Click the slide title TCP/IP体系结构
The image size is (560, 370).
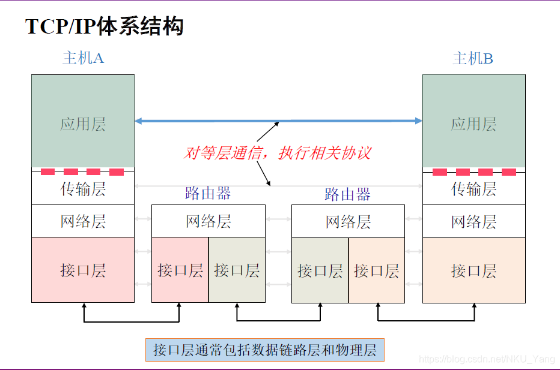pos(104,27)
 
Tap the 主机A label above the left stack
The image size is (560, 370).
pos(83,58)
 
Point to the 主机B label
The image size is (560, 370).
pos(473,58)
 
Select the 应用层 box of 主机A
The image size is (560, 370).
pos(83,124)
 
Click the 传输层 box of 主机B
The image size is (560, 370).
pos(473,189)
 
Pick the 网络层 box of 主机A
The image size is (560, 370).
pos(83,221)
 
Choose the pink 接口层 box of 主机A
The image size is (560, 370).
pos(83,270)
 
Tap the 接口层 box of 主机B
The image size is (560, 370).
pos(473,270)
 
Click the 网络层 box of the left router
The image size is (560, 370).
pos(208,221)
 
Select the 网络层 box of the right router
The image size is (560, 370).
pos(348,221)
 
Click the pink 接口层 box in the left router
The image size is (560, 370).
pos(180,270)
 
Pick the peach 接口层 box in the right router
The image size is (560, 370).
pos(376,270)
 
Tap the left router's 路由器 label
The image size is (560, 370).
pos(208,193)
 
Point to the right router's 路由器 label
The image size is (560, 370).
pos(347,194)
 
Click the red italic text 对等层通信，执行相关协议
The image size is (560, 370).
pos(277,153)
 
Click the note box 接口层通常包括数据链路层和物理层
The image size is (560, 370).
pos(264,350)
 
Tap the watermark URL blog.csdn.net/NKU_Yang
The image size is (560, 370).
pos(487,359)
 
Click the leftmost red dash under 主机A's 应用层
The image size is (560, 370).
pos(47,172)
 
